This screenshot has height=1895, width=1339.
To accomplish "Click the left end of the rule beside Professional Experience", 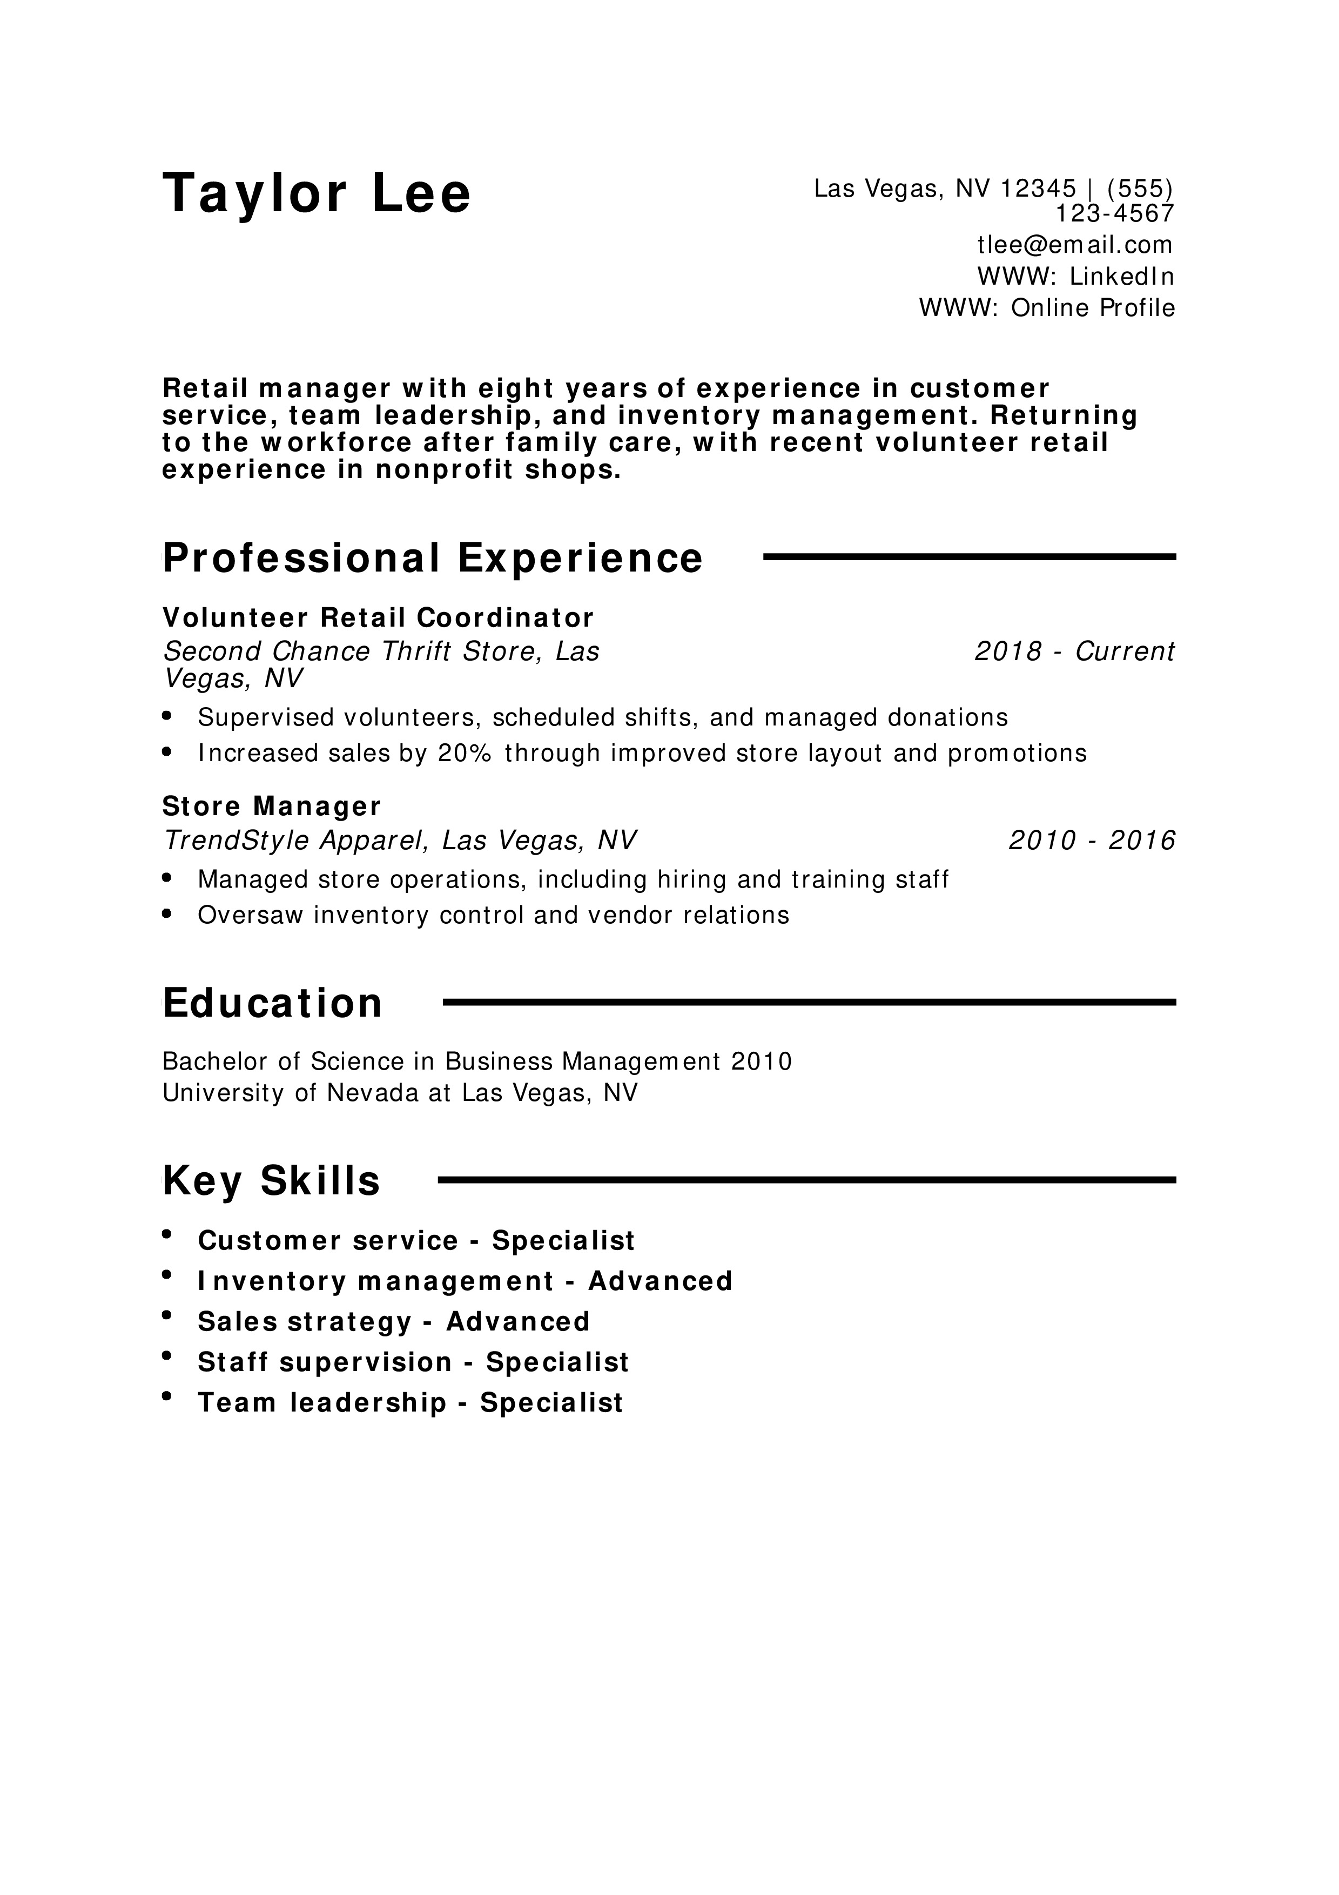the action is (765, 557).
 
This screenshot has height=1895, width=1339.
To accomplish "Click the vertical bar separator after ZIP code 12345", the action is (1092, 190).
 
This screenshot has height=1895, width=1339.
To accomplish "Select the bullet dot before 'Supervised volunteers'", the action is (167, 716).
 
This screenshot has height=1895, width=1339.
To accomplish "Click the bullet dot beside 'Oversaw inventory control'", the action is (167, 913).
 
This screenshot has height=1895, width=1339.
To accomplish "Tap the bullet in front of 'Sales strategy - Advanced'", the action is (167, 1315).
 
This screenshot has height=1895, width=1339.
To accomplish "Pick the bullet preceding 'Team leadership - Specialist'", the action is (167, 1396).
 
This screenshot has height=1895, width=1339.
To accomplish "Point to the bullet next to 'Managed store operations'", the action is (167, 878).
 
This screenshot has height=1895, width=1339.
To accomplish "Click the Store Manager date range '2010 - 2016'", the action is (1092, 840).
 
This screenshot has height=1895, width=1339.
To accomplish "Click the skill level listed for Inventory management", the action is (660, 1281).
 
